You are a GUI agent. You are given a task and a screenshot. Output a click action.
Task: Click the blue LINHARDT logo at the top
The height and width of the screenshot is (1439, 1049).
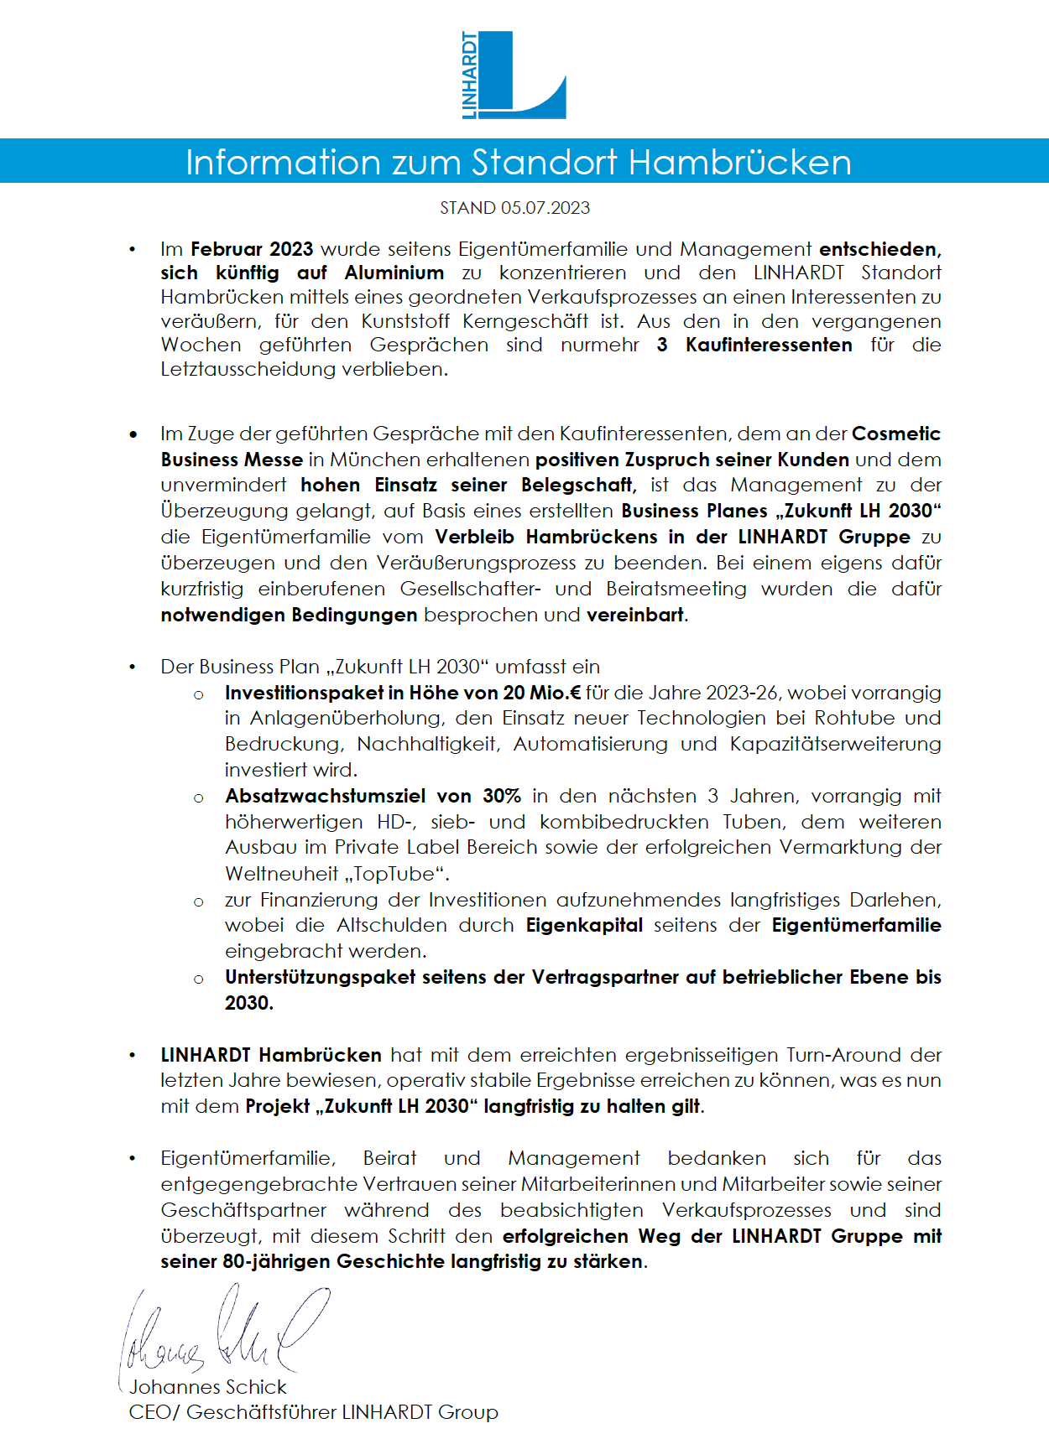coord(514,75)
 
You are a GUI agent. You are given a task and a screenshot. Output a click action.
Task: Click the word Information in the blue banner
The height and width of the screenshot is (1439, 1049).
coord(284,162)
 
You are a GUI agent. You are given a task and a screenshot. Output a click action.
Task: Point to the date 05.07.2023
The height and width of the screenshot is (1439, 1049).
coord(545,208)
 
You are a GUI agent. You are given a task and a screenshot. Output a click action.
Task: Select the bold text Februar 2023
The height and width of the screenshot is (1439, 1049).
coord(252,249)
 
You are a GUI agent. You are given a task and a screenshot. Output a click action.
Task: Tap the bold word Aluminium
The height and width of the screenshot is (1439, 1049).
coord(394,273)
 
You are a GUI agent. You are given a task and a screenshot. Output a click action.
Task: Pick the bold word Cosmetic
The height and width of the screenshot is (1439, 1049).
coord(895,434)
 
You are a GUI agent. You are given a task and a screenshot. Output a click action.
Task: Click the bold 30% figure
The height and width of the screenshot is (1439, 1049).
coord(502,796)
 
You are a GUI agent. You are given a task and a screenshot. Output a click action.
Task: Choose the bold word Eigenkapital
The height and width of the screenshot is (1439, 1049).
coord(584,925)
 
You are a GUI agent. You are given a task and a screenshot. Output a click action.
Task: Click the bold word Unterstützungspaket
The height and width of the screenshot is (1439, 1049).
coord(320,977)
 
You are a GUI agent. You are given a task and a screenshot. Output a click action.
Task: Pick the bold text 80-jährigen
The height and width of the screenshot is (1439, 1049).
coord(276,1261)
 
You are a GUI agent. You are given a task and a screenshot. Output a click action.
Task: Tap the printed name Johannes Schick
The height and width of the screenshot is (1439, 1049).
coord(208,1387)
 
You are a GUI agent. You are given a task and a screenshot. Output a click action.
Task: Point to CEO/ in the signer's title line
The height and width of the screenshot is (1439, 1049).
coord(154,1412)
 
